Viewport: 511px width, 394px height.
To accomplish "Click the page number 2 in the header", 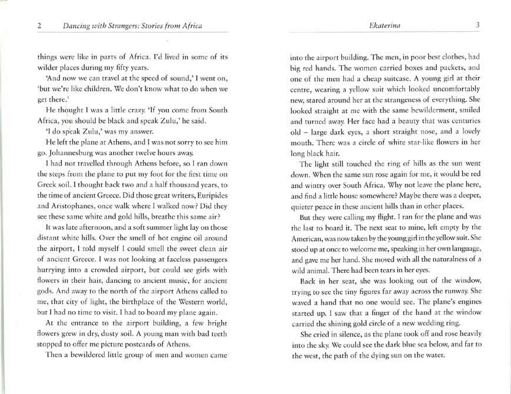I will coord(39,25).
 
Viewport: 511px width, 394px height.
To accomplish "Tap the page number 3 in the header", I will coord(478,25).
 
